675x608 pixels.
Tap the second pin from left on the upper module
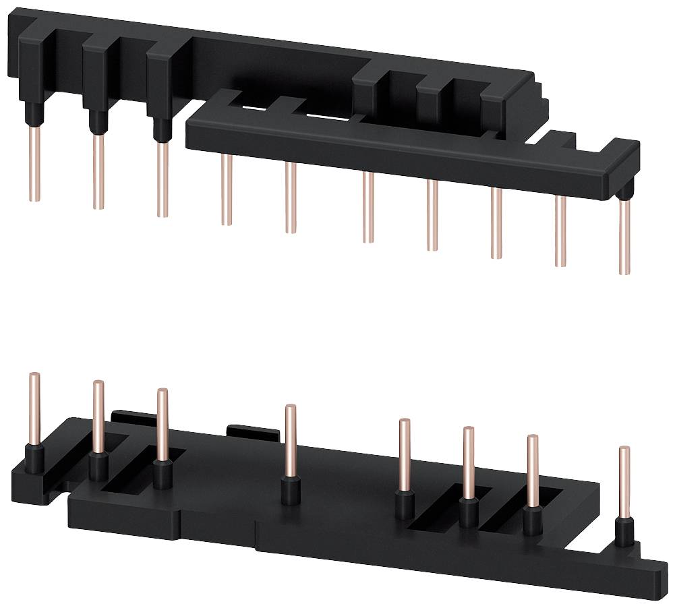(x=98, y=171)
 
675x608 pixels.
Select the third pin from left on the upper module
(x=162, y=179)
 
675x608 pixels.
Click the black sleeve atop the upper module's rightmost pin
(x=626, y=193)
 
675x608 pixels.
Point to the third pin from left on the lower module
(x=162, y=425)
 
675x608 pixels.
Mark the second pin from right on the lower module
(x=532, y=471)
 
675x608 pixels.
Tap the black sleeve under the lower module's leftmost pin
(x=35, y=458)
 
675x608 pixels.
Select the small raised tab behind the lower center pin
(x=252, y=431)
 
